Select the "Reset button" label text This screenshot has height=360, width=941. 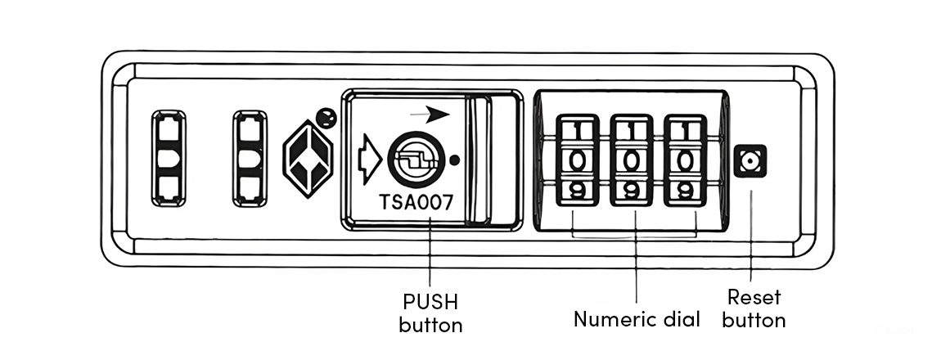[x=754, y=308]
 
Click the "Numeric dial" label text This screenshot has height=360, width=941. [x=637, y=318]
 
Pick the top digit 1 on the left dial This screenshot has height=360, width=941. [x=577, y=128]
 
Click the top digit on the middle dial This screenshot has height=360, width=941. [x=631, y=128]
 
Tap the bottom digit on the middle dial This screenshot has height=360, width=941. [x=631, y=191]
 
